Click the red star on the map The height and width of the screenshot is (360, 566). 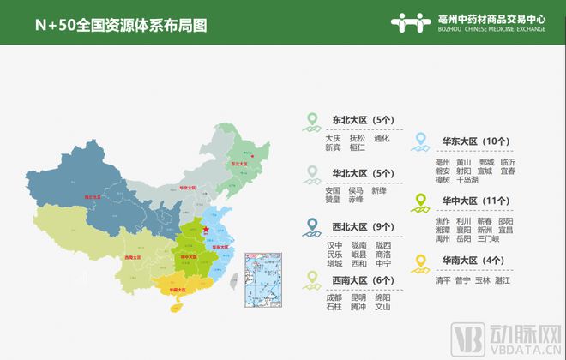(205, 229)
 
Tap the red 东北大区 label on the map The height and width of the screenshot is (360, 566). (239, 163)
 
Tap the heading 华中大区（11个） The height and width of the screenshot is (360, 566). (476, 201)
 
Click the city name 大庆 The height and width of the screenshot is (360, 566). (333, 138)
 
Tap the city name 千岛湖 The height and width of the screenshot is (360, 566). (467, 180)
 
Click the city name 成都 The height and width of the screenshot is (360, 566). (334, 297)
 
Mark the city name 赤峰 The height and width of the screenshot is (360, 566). (357, 200)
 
